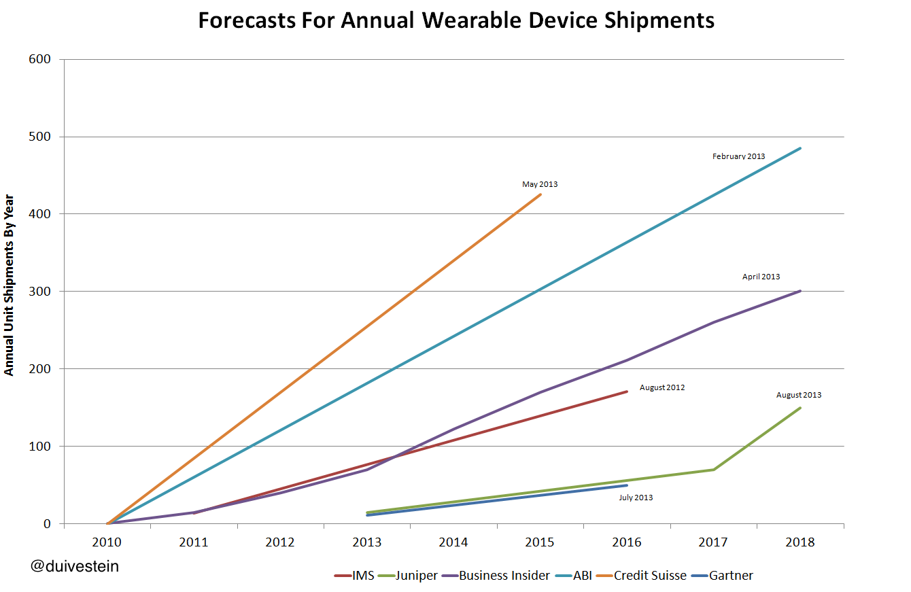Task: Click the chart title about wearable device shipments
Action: coord(456,20)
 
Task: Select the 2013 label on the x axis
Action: coord(367,542)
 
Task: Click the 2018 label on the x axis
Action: coord(800,542)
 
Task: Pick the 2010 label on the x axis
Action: coord(107,542)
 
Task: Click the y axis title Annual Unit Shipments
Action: coord(10,285)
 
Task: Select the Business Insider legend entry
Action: coord(504,576)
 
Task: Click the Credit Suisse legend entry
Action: coord(649,576)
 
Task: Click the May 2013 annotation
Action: coord(540,184)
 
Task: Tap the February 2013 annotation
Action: coord(738,156)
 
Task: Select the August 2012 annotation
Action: coord(662,387)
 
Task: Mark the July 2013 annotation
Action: coord(636,498)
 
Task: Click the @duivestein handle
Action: coord(75,565)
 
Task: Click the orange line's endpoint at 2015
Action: coord(540,194)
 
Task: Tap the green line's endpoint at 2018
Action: coord(800,408)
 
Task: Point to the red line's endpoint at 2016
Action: coord(627,391)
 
